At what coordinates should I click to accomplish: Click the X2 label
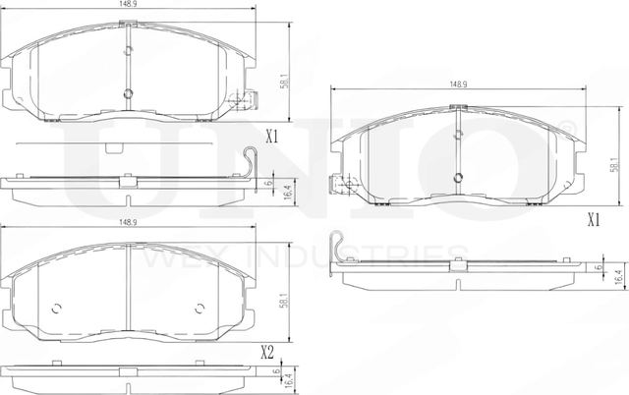(x=266, y=351)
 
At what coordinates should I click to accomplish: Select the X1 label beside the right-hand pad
(x=593, y=220)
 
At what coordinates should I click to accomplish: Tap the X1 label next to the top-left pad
(x=273, y=139)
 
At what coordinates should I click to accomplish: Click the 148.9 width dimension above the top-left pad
(x=128, y=5)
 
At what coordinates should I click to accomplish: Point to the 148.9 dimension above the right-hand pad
(x=457, y=85)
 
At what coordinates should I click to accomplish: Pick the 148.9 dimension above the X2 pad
(x=128, y=222)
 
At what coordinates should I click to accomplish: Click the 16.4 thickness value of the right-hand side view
(x=617, y=280)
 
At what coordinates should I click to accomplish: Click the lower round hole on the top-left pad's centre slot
(x=129, y=94)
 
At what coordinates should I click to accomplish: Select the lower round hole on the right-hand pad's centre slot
(x=458, y=178)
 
